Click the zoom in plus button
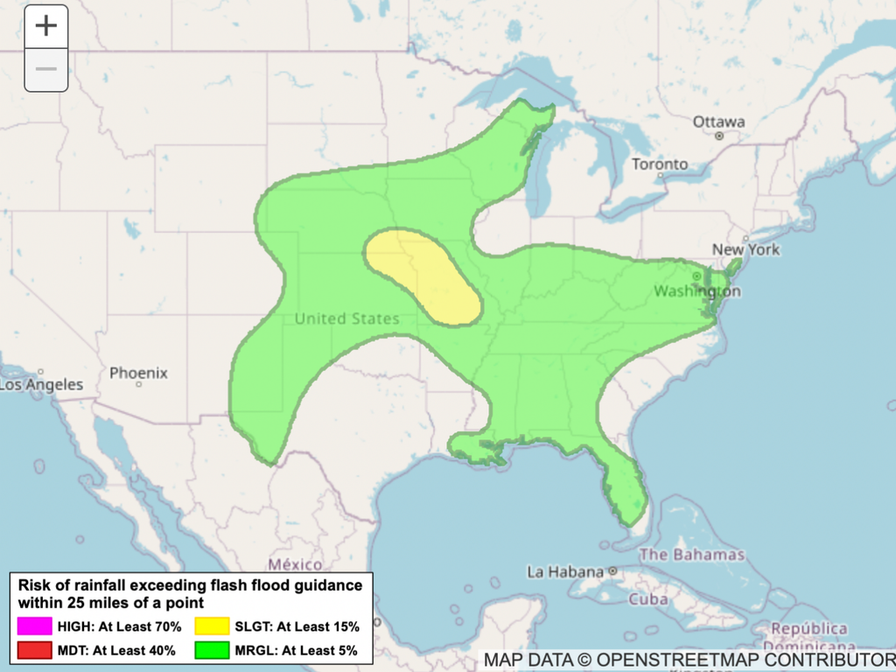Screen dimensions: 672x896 point(45,26)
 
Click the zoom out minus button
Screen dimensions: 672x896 point(45,69)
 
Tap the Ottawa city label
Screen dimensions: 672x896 point(719,122)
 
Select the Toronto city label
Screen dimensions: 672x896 point(660,164)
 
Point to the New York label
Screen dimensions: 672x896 point(745,249)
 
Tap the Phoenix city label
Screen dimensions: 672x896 point(138,373)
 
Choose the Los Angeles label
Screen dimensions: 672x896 point(41,384)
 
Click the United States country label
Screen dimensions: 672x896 point(346,318)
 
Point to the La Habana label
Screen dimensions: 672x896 point(565,572)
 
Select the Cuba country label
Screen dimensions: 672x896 point(648,600)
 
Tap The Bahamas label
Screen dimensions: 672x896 point(692,554)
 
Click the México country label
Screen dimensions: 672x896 point(295,564)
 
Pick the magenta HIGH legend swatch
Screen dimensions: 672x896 point(34,626)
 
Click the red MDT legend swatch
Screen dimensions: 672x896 point(34,650)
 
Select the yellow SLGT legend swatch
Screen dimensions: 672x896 point(213,626)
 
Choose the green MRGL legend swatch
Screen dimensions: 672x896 point(213,650)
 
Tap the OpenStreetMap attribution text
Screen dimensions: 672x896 point(689,659)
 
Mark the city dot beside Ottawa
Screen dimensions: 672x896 point(719,136)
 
